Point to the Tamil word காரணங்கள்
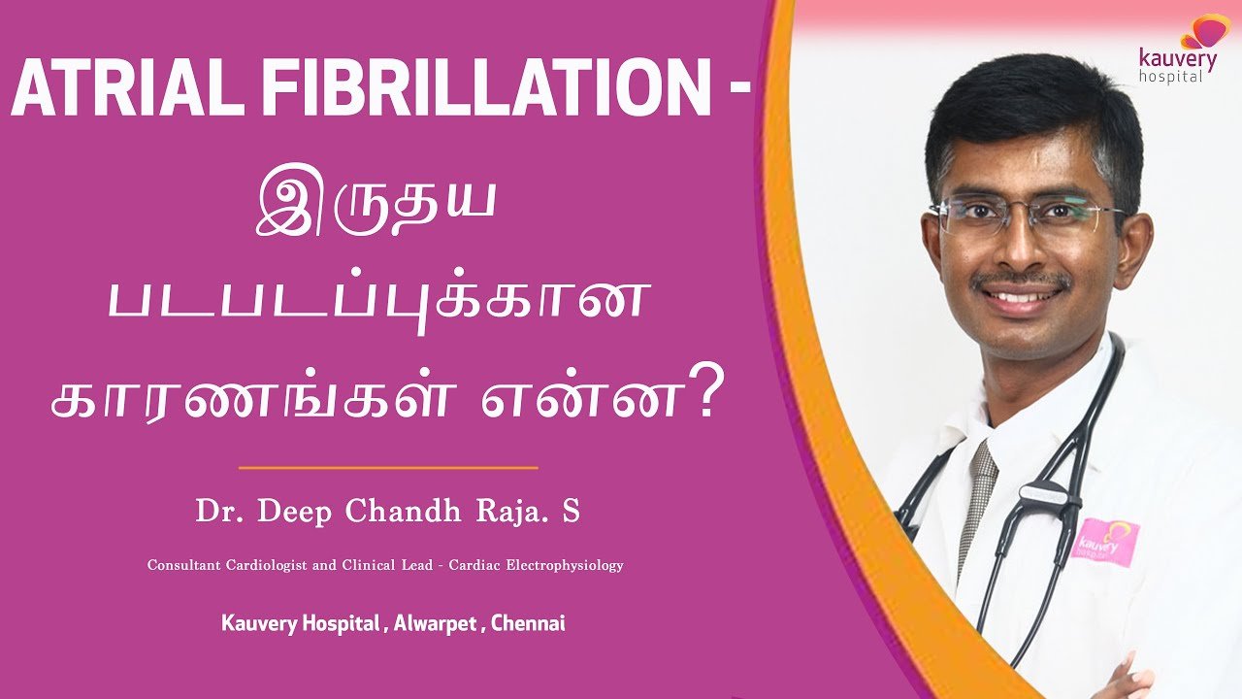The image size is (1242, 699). [x=249, y=399]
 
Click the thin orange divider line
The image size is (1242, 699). [x=388, y=468]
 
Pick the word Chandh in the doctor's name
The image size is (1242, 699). [x=403, y=511]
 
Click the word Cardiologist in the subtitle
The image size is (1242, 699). [x=266, y=565]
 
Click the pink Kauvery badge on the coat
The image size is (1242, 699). [x=1105, y=542]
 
